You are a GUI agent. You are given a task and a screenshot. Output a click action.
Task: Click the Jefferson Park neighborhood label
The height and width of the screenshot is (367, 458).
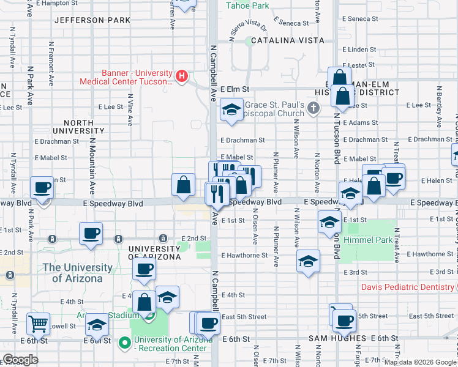tap(92, 20)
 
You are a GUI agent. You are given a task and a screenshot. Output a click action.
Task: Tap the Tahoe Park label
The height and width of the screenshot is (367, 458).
tap(247, 6)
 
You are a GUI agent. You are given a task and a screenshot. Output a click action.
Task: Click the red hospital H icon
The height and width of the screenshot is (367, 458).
tap(181, 76)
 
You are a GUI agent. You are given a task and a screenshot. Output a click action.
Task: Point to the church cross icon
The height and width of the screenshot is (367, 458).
tap(313, 108)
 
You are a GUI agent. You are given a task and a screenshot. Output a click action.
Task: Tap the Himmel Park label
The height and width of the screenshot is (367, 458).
tap(370, 240)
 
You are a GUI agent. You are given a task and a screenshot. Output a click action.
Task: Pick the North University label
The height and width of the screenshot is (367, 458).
tap(82, 127)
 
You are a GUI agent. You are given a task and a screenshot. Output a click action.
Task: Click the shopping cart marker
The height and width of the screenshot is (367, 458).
tap(39, 324)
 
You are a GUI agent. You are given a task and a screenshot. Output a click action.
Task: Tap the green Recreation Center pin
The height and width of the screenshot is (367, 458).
tap(126, 343)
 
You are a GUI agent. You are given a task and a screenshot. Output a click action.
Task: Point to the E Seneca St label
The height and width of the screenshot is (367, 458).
tap(291, 23)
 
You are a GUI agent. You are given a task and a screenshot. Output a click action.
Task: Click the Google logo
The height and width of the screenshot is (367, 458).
tap(21, 359)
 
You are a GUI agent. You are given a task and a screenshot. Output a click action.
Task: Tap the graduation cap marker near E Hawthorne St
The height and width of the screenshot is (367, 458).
tap(307, 261)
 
